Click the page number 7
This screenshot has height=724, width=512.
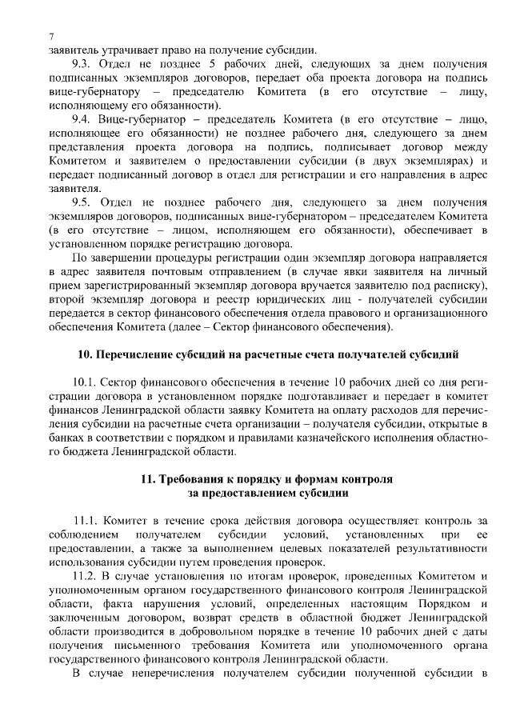[x=50, y=36]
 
